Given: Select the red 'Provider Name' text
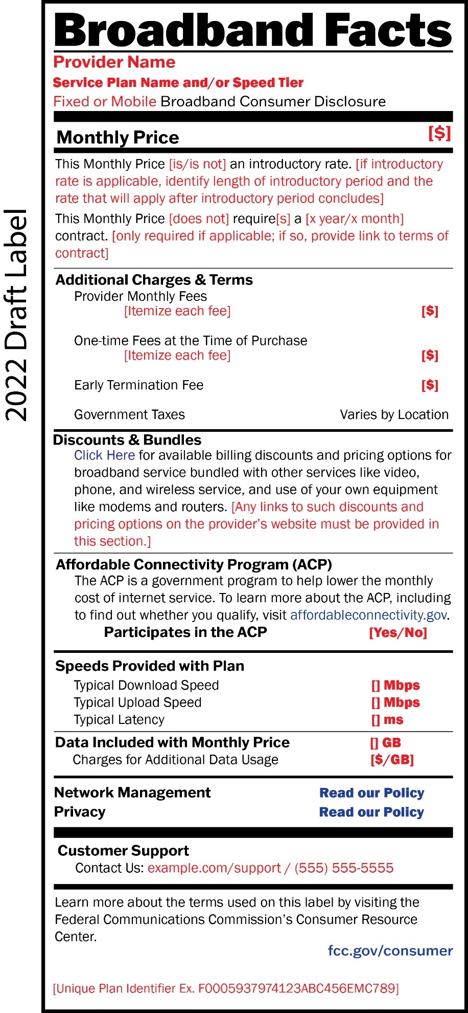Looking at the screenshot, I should pos(114,62).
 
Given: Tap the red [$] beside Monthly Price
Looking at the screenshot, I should pos(439,134).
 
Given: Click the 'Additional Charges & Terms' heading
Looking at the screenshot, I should pos(154,280).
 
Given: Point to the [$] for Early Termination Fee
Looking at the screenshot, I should pos(430,385).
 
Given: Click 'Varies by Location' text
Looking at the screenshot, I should pos(394,414).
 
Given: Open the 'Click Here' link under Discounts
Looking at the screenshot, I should pos(104,455).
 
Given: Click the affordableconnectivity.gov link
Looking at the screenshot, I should pos(369,615).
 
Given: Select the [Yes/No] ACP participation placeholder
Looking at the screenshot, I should pos(398,633).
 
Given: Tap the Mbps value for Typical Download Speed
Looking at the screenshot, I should pos(395,686).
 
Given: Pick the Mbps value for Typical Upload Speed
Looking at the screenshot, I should pos(395,702).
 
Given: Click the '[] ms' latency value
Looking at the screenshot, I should pos(387,720).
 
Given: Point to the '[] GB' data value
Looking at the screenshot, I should pos(386,743).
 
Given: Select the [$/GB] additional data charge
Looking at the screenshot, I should pos(392,760).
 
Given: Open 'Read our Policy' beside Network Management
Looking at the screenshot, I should pos(371,793).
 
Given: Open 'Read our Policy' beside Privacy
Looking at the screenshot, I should pos(371,812).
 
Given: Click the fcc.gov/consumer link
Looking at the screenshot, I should pos(390,951).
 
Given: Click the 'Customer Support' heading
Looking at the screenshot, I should pos(123,850).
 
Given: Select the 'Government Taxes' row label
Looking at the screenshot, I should pos(129,414).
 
